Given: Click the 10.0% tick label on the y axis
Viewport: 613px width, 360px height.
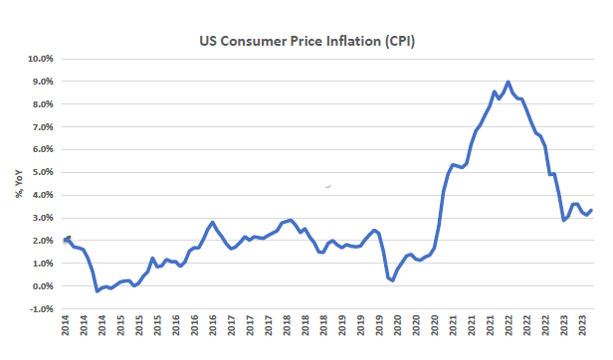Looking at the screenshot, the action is (40, 59).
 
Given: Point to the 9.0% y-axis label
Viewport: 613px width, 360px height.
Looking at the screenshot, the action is (42, 82).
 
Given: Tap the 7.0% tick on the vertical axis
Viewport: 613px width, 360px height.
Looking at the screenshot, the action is (42, 127).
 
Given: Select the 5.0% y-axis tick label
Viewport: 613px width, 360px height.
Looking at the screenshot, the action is (42, 172).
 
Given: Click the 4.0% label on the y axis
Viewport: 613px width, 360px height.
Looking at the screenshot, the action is (42, 195).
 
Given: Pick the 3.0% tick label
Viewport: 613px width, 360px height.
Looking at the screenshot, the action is (42, 218).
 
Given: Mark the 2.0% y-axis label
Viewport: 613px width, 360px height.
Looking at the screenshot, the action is (42, 241).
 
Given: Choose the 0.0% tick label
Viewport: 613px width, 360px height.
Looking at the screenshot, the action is (42, 286).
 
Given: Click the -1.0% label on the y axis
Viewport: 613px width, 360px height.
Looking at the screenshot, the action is (41, 309).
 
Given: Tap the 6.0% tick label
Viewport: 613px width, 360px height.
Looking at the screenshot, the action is (42, 150).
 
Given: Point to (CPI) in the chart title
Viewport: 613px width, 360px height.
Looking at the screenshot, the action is (400, 42).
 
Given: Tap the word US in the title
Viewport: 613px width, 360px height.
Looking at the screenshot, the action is (208, 41).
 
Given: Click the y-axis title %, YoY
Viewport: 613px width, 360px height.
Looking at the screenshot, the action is (19, 184).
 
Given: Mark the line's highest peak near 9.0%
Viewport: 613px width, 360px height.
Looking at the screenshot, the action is (508, 82).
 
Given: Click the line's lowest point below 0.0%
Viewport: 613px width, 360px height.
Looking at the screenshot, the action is (97, 291).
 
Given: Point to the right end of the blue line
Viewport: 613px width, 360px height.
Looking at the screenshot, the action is (591, 210).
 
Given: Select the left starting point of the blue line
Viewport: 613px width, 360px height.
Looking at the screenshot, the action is (66, 240).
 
